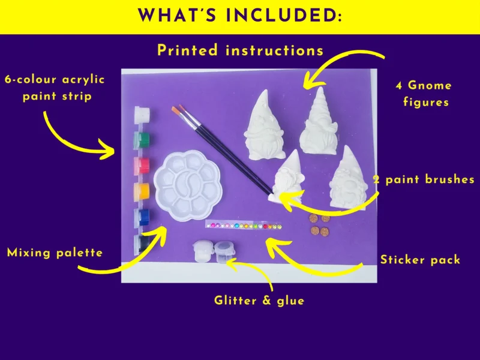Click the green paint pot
[142, 139]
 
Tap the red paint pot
[142, 166]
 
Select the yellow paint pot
[142, 191]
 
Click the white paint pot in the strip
[142, 114]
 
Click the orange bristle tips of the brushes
[178, 110]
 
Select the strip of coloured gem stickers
[244, 226]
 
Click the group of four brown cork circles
[320, 224]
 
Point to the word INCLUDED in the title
[283, 16]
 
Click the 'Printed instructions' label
[241, 50]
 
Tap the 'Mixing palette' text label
[55, 253]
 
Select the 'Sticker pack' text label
[421, 260]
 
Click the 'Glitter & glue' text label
[259, 301]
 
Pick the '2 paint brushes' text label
[424, 179]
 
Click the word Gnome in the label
[430, 85]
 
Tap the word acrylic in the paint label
[83, 80]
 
